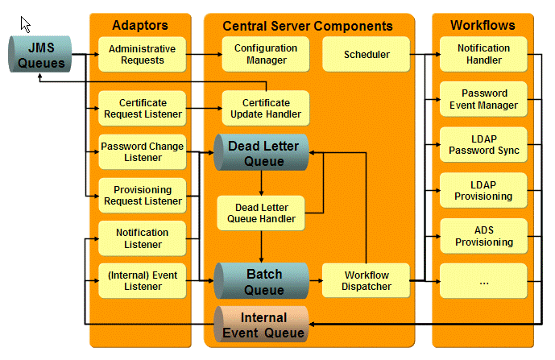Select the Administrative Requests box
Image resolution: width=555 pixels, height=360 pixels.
[x=142, y=55]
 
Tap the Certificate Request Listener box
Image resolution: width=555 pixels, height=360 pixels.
[x=142, y=109]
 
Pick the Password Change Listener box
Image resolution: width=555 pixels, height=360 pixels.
[x=142, y=152]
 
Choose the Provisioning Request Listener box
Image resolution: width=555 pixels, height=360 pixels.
[x=142, y=196]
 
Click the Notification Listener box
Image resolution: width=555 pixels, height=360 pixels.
[x=142, y=239]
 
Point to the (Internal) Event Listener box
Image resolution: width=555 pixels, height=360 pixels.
[x=142, y=280]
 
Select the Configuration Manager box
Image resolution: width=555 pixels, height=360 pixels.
[x=265, y=55]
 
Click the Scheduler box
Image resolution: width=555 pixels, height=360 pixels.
[x=367, y=55]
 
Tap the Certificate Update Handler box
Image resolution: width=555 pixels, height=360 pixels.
[x=265, y=109]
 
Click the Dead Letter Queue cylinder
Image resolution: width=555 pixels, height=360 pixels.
[x=263, y=153]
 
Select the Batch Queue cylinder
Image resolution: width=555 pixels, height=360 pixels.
[x=263, y=280]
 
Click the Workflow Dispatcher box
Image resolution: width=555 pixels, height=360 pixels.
[x=367, y=280]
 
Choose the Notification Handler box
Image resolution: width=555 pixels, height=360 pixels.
[x=483, y=55]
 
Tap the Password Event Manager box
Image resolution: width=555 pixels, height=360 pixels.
[x=483, y=100]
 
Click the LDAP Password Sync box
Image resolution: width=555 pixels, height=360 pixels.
[x=483, y=145]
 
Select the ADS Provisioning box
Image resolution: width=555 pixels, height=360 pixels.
[x=483, y=236]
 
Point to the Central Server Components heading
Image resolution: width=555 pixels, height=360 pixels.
[x=308, y=27]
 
